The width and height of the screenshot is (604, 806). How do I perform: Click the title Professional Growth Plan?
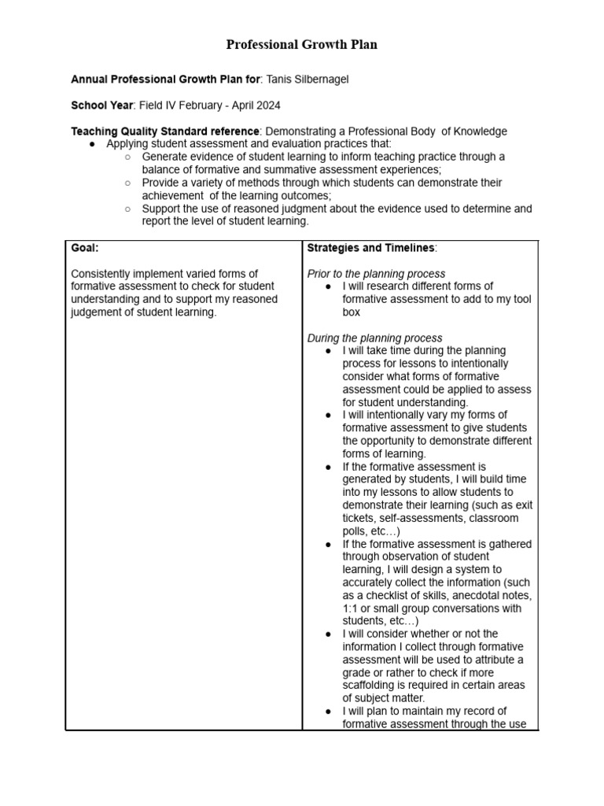coord(301,45)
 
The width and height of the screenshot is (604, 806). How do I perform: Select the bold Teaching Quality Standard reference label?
coord(165,131)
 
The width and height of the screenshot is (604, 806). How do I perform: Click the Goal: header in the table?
coord(85,248)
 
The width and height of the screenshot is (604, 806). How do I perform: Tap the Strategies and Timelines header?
coord(370,248)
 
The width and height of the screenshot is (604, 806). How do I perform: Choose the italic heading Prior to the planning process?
coord(376,273)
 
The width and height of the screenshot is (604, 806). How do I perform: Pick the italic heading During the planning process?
coord(374,338)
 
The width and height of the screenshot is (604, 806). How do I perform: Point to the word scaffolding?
coord(372,685)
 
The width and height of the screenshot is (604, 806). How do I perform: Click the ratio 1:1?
coord(351,608)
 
